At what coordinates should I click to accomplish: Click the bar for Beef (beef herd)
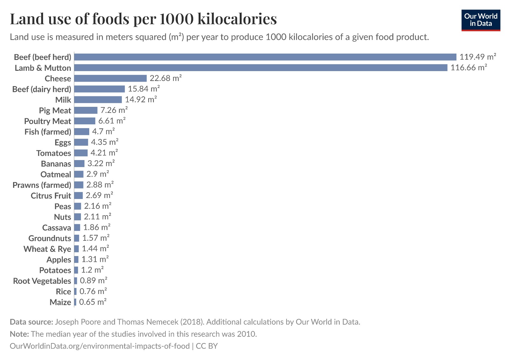click(x=265, y=57)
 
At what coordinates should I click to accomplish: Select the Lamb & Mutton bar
click(x=261, y=68)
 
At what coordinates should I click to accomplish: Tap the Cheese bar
click(x=110, y=78)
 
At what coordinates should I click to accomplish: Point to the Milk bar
click(x=98, y=100)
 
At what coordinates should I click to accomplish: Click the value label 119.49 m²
click(x=477, y=57)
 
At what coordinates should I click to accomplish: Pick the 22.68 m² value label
click(x=165, y=78)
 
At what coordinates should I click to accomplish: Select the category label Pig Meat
click(x=55, y=111)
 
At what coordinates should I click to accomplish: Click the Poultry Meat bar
click(x=85, y=121)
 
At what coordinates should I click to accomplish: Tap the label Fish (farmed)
click(x=48, y=132)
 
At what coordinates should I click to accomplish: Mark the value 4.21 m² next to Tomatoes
click(x=104, y=153)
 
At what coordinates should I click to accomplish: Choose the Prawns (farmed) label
click(x=42, y=185)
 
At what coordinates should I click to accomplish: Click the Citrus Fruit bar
click(x=78, y=195)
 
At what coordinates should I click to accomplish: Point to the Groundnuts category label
click(x=49, y=238)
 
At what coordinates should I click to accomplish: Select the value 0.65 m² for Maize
click(x=92, y=302)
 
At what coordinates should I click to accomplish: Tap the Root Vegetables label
click(x=42, y=281)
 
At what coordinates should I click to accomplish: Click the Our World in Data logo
click(x=481, y=20)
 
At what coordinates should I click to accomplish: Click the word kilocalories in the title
click(x=237, y=19)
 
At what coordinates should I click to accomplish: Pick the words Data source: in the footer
click(x=31, y=322)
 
